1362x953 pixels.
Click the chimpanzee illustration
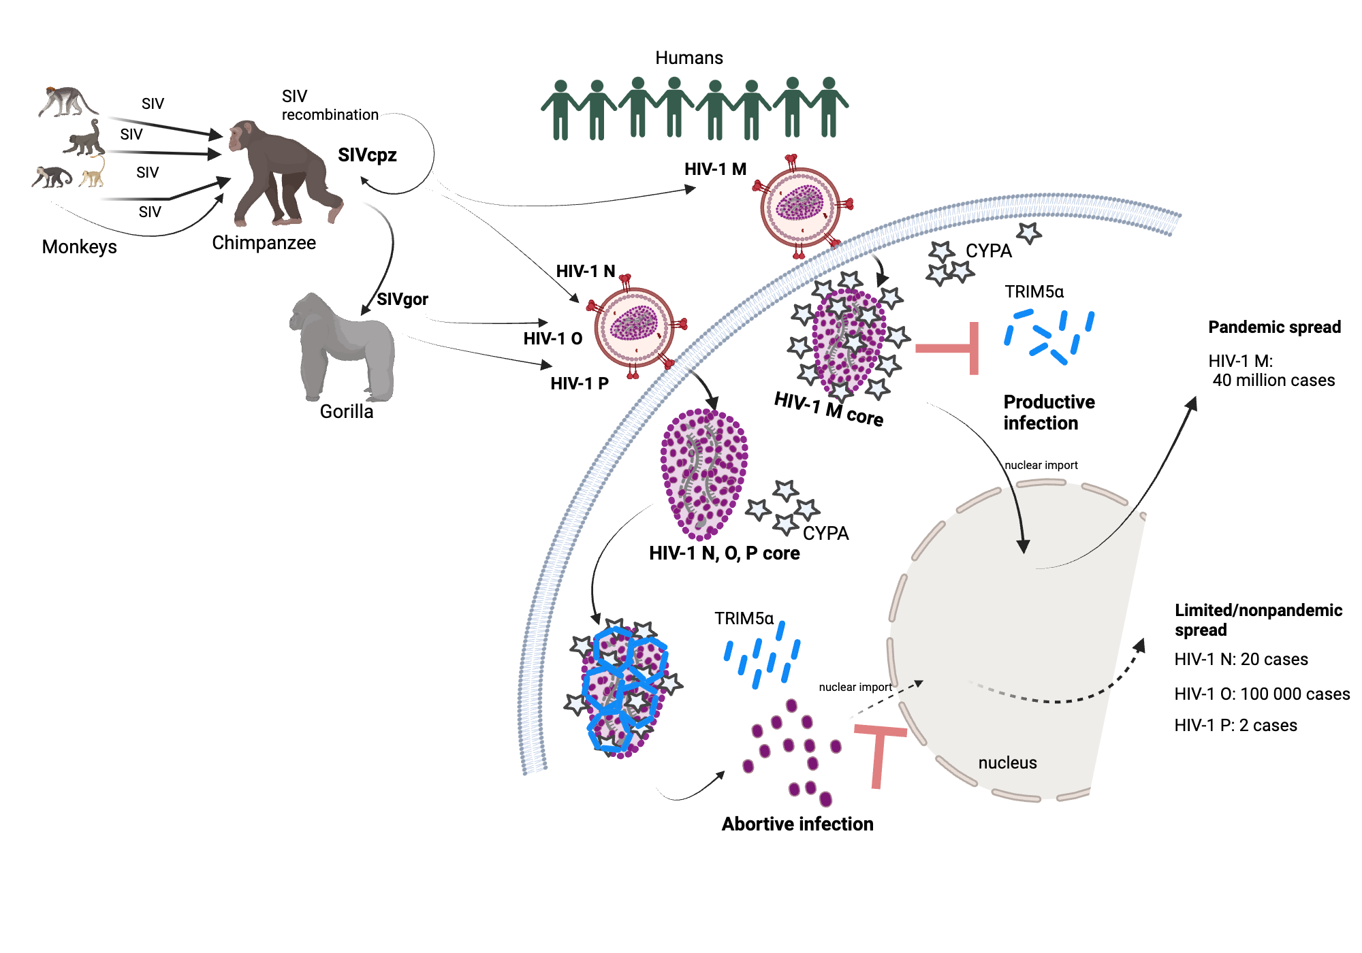tap(283, 174)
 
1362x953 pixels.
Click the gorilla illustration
tap(344, 347)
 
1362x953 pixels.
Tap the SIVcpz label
tap(367, 155)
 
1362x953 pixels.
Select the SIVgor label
tap(402, 300)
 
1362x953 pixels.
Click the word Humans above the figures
tap(688, 58)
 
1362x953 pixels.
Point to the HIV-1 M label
tap(715, 169)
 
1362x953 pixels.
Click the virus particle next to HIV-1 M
tap(801, 206)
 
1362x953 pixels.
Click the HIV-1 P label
tap(579, 383)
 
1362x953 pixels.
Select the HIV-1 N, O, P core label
tap(724, 553)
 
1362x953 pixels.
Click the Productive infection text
tap(1048, 412)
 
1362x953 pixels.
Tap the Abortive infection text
tap(797, 824)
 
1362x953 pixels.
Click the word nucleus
tap(1007, 762)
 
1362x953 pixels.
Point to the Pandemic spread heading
tap(1274, 327)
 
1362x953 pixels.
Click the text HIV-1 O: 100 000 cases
tap(1261, 694)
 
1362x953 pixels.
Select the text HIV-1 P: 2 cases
tap(1235, 725)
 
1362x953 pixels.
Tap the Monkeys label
tap(79, 246)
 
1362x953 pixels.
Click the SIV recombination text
tap(329, 106)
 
